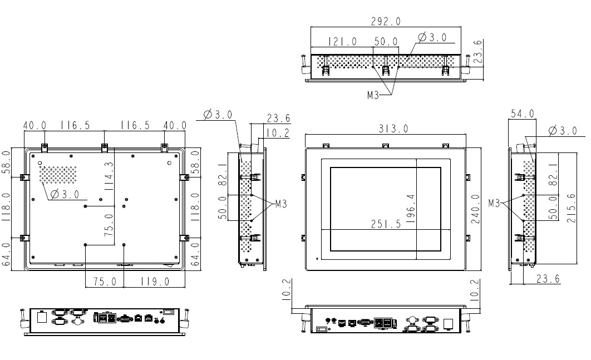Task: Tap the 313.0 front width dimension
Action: pyautogui.click(x=393, y=129)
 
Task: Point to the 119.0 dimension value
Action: pyautogui.click(x=154, y=282)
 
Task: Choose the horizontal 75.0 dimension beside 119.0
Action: pyautogui.click(x=104, y=282)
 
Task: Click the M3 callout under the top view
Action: pyautogui.click(x=373, y=95)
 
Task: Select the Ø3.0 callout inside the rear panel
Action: pyautogui.click(x=65, y=194)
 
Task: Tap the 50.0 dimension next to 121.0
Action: pyautogui.click(x=386, y=42)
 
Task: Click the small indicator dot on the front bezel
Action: pyautogui.click(x=317, y=258)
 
